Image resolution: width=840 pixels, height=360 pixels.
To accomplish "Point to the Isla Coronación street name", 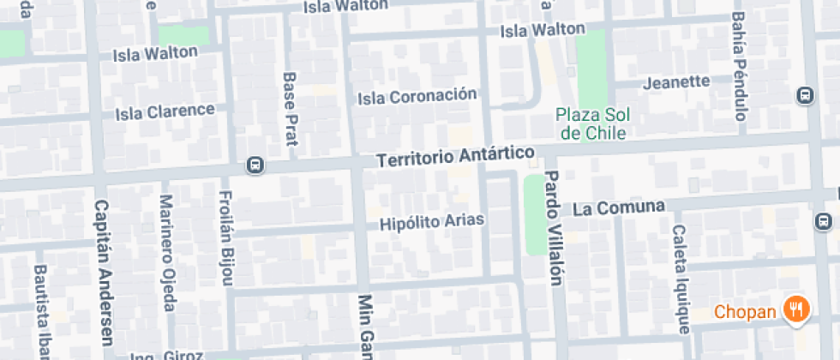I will [x=417, y=96].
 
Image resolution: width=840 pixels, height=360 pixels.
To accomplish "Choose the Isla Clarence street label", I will [x=165, y=111].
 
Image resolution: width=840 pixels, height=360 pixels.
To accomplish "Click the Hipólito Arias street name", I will [x=432, y=221].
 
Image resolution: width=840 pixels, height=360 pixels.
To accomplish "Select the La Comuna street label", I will [x=619, y=207].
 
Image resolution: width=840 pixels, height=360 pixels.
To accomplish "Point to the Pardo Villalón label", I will [x=553, y=227].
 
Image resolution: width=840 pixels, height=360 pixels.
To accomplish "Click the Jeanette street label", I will [x=676, y=82].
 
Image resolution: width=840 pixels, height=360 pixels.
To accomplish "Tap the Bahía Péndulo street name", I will [x=739, y=66].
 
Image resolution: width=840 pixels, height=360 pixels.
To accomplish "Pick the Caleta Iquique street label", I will [x=681, y=279].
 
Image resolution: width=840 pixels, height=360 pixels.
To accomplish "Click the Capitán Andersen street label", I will [x=104, y=272].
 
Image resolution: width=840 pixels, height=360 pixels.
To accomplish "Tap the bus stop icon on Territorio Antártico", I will [x=255, y=165].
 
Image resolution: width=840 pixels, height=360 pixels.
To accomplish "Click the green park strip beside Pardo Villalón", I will [x=534, y=214].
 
